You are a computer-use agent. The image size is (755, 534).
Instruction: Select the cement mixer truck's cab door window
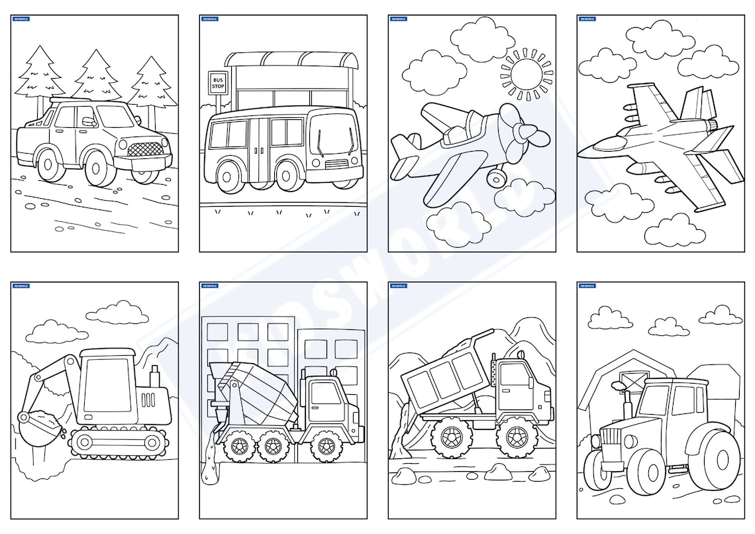tap(325, 394)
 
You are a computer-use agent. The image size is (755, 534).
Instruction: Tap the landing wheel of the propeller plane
tap(495, 177)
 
